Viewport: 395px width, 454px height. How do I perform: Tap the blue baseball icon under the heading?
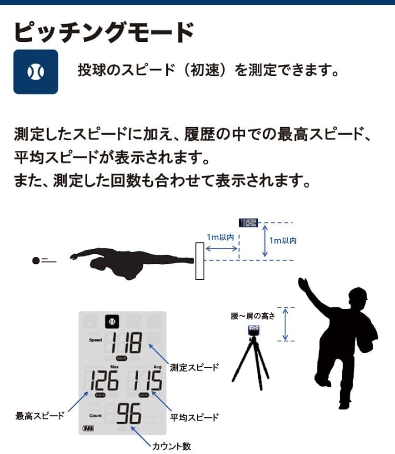click(x=35, y=72)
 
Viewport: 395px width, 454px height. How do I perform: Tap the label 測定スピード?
click(x=194, y=367)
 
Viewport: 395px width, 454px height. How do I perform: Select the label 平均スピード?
click(x=194, y=417)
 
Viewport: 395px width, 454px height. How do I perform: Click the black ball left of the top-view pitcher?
click(x=35, y=261)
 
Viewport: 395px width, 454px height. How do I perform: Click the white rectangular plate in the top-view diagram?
click(x=199, y=261)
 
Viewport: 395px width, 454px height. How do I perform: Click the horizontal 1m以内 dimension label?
click(x=220, y=237)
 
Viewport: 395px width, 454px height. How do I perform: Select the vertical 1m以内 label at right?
click(x=283, y=241)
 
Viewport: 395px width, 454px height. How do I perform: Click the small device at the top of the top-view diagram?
click(x=249, y=222)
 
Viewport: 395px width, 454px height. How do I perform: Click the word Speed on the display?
click(x=95, y=340)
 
